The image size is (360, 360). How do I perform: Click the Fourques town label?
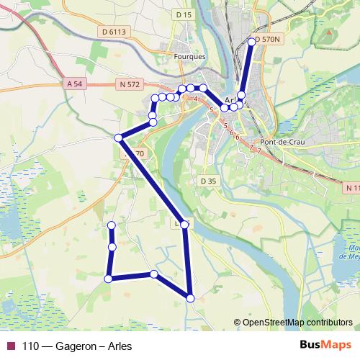(190, 56)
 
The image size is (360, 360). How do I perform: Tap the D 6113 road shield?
(114, 32)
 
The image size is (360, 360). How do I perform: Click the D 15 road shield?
(184, 15)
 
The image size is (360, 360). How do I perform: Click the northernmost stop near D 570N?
(252, 42)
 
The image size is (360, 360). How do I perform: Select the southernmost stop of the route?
(190, 298)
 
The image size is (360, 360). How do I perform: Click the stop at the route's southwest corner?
(108, 279)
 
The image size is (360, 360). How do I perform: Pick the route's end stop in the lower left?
(112, 226)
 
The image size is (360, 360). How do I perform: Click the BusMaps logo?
(325, 345)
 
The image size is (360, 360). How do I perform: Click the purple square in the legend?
(10, 345)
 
